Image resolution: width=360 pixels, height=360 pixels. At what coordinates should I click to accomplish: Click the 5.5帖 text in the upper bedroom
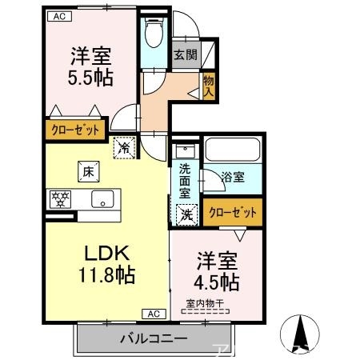pyautogui.click(x=89, y=78)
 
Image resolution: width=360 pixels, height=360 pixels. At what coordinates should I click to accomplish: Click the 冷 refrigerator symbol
pyautogui.click(x=125, y=146)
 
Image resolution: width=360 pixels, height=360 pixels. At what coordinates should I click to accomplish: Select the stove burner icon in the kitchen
pyautogui.click(x=61, y=198)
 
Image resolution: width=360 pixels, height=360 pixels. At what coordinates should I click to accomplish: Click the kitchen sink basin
pyautogui.click(x=102, y=199)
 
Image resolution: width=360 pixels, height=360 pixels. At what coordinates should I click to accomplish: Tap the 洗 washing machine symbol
pyautogui.click(x=185, y=214)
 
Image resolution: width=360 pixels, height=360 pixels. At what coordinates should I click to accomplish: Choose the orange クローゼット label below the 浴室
pyautogui.click(x=233, y=212)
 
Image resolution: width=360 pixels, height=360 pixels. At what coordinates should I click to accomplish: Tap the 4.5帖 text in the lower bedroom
pyautogui.click(x=218, y=282)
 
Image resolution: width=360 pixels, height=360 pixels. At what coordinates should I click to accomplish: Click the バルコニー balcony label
pyautogui.click(x=154, y=339)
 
